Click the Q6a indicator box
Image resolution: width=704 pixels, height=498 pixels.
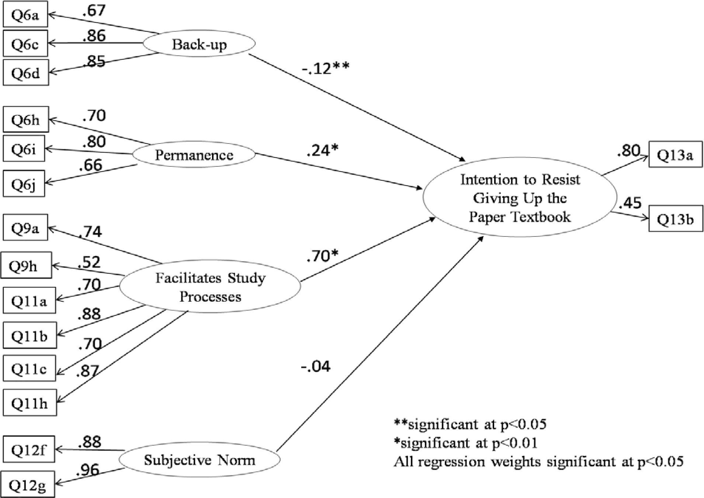pos(25,15)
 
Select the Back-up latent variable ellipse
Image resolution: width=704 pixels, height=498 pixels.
pos(199,44)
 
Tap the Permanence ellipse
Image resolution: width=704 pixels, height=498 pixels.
pos(194,155)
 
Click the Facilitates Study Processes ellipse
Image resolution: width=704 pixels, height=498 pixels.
pos(210,287)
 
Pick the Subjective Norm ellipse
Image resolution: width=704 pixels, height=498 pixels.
pos(199,460)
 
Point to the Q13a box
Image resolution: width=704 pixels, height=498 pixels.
pos(675,155)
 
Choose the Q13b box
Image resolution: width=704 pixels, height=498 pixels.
pos(676,219)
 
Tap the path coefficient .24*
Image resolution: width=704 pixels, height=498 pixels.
pos(322,150)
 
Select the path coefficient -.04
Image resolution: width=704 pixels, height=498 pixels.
pos(316,366)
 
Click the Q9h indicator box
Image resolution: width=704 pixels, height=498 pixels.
pos(26,265)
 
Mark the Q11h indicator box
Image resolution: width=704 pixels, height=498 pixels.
pos(30,403)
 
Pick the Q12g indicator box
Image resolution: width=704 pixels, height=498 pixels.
pos(27,485)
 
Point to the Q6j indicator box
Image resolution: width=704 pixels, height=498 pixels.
pos(24,183)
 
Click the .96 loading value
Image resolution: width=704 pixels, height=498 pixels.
pos(87,470)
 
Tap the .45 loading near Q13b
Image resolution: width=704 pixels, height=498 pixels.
pos(630,203)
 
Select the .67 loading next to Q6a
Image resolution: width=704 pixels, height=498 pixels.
pos(94,11)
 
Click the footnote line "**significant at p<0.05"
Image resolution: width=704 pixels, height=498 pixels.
pos(470,424)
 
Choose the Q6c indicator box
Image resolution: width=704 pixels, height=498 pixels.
pos(25,44)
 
